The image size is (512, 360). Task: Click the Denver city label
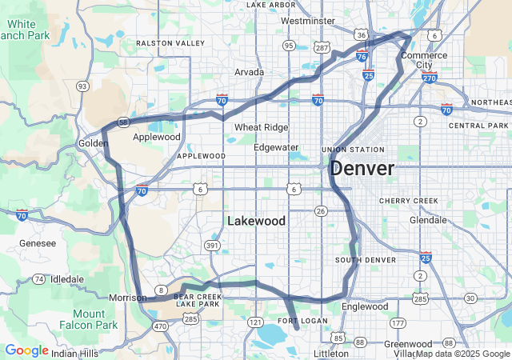[x=362, y=169]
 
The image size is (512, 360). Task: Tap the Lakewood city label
[x=256, y=221]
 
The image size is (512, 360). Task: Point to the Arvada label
[x=249, y=72]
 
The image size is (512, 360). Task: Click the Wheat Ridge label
[x=260, y=127]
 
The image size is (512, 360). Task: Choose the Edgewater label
[x=276, y=147]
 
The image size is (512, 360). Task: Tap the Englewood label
[x=364, y=306]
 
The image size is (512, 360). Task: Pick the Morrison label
[x=127, y=298]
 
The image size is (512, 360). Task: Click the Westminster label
[x=308, y=21]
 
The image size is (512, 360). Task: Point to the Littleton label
[x=331, y=353]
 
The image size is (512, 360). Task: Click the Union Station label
[x=353, y=150]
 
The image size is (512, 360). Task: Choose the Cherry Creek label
[x=409, y=200]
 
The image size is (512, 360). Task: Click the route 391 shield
[x=212, y=245]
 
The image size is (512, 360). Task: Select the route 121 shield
[x=255, y=322]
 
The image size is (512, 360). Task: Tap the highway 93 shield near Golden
[x=82, y=86]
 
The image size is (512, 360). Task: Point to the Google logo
[x=26, y=350]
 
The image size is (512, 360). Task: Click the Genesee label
[x=38, y=242]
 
